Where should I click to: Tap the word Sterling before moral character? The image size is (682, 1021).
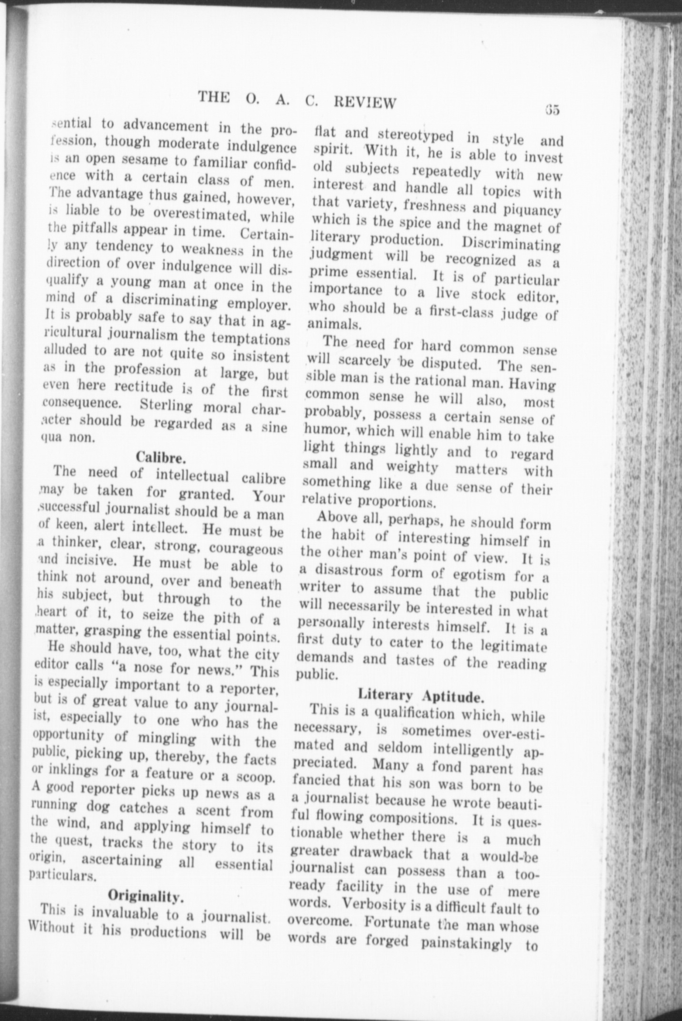(167, 406)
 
